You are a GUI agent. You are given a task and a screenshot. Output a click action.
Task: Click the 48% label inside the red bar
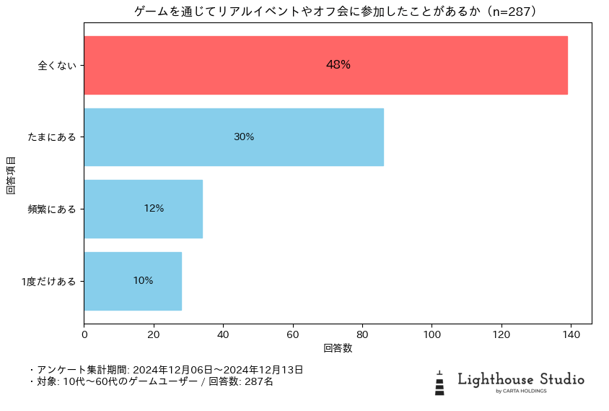pos(338,65)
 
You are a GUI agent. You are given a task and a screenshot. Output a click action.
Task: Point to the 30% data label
pos(244,137)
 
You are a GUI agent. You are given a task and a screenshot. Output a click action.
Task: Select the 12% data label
pos(154,209)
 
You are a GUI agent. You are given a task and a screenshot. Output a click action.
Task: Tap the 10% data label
pos(143,281)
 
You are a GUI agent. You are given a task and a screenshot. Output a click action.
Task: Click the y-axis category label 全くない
pos(57,66)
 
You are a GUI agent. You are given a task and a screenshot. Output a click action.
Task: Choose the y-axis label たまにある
pos(52,137)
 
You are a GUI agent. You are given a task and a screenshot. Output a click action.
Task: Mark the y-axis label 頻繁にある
pos(52,209)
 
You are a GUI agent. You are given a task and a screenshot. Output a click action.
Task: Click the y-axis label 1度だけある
pos(49,282)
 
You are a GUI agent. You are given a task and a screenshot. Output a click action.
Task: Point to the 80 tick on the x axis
pos(362,334)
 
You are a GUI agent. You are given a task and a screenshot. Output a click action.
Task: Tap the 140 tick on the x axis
pos(571,334)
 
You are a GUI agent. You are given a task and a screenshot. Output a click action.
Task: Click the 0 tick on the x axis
pos(84,334)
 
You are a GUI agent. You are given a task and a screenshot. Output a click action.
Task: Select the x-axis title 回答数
pos(338,348)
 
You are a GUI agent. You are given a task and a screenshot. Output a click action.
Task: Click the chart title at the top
pos(337,12)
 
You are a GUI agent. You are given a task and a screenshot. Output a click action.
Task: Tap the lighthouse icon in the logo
pos(439,384)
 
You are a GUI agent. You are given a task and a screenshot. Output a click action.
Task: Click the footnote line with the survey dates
pos(166,370)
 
